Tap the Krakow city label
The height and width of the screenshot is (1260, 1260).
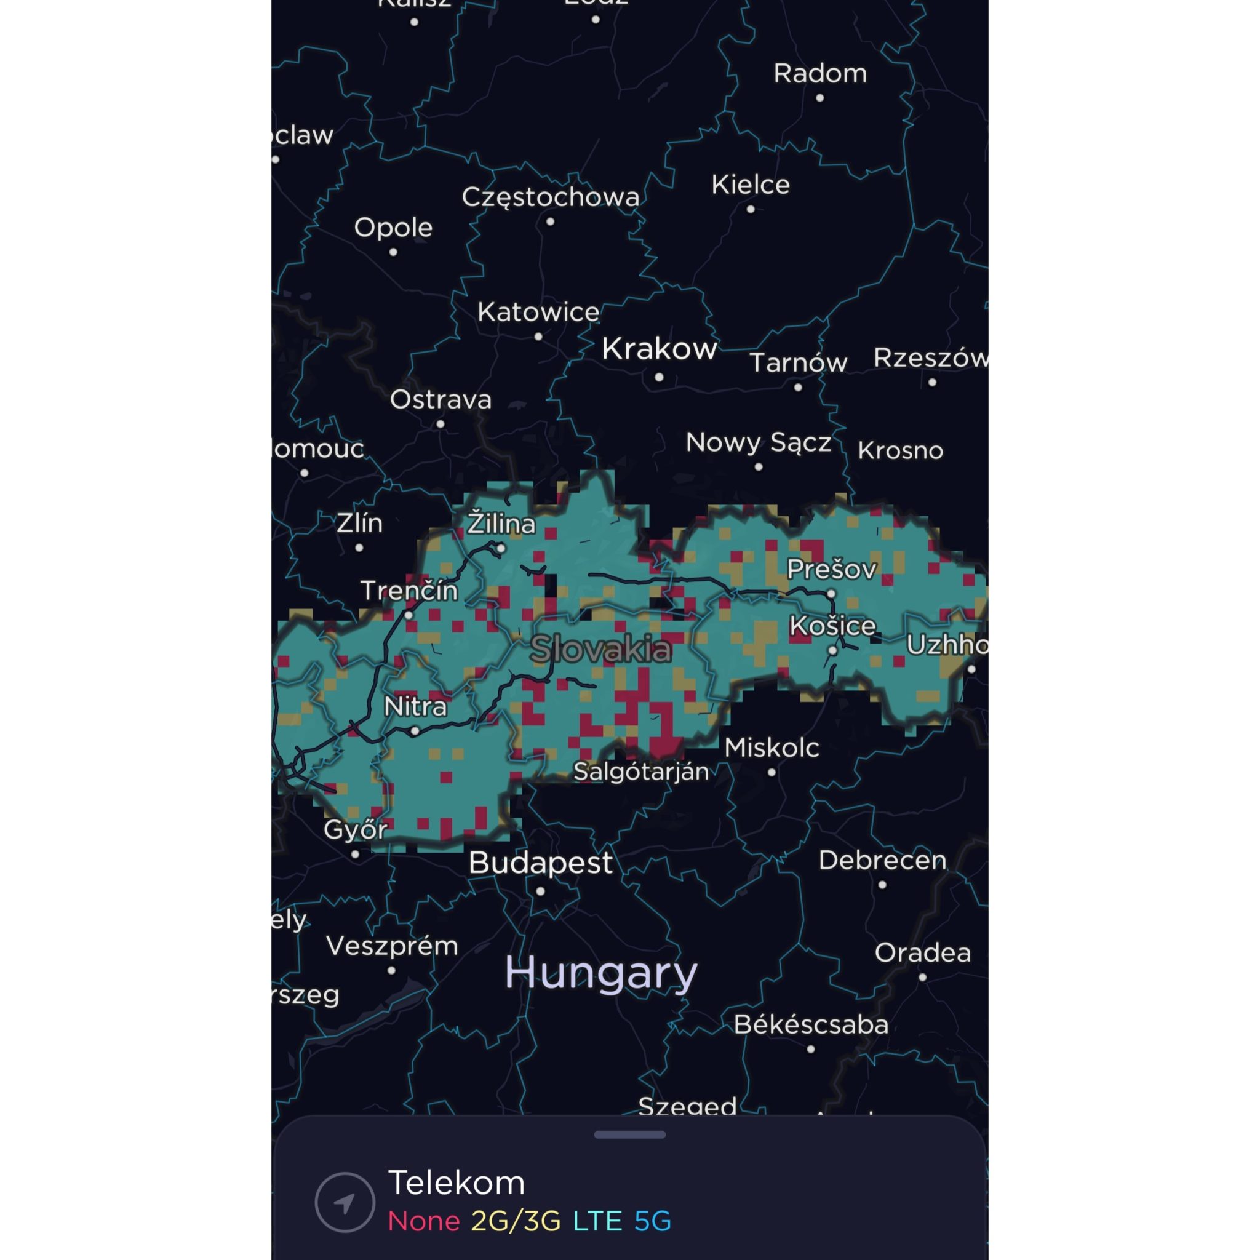point(659,349)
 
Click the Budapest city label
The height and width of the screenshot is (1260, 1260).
point(541,863)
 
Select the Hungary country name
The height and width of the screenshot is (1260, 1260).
point(600,973)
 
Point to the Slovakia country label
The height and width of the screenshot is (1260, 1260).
point(600,649)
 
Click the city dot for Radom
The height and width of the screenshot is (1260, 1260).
point(819,98)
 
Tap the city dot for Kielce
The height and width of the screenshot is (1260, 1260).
point(751,209)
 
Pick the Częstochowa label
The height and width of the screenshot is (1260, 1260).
point(551,197)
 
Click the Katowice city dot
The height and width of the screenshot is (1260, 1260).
point(538,337)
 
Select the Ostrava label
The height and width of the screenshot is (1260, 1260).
point(441,400)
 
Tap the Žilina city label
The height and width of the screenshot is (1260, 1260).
point(501,524)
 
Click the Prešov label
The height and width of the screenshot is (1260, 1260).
point(832,569)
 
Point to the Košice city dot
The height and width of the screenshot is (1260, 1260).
point(832,650)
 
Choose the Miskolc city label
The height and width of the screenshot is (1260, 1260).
point(772,748)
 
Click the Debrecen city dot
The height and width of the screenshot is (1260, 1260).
point(882,885)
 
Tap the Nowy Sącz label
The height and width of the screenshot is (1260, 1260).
point(759,443)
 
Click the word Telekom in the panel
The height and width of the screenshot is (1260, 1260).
point(457,1182)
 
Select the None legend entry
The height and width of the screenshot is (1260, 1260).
point(424,1221)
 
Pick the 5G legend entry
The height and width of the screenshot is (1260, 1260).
point(652,1221)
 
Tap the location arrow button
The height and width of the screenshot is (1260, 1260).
point(345,1202)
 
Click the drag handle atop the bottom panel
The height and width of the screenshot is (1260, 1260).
point(629,1134)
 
